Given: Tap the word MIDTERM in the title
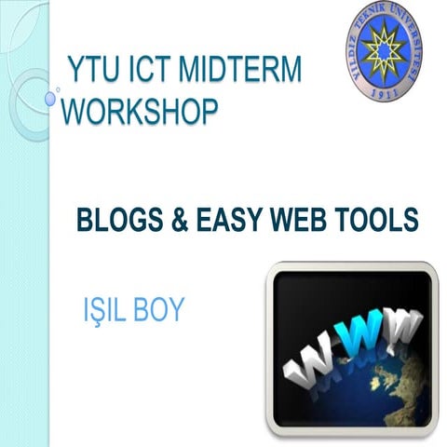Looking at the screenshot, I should [245, 70].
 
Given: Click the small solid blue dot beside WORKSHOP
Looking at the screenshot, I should [50, 97].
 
